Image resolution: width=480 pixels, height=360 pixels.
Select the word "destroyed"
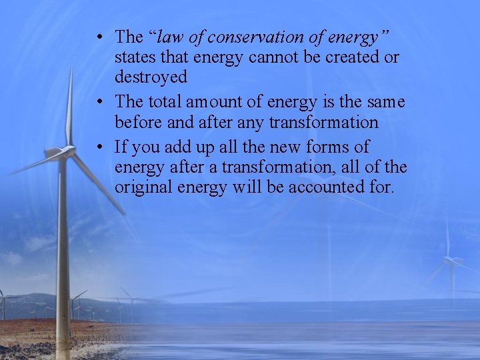(151, 77)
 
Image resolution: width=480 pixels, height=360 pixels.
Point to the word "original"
(144, 187)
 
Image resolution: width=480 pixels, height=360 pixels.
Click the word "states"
(135, 57)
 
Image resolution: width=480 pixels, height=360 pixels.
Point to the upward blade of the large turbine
(69, 107)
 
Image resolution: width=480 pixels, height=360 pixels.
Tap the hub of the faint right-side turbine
(451, 260)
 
